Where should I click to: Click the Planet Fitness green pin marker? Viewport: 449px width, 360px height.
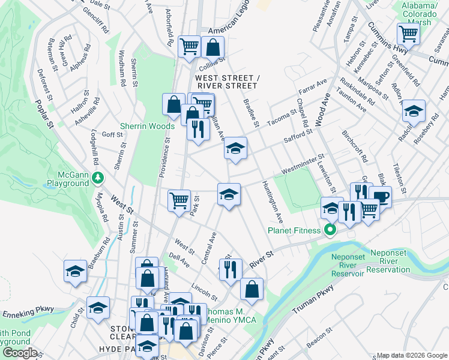tap(329, 230)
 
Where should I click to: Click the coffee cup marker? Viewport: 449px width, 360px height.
tap(379, 196)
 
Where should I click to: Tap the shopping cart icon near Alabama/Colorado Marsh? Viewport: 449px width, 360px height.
tap(408, 33)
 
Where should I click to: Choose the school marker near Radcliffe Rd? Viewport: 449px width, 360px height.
tap(413, 110)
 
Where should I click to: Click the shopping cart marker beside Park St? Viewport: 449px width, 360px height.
tap(179, 200)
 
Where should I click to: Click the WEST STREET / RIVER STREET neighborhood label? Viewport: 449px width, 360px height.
tap(226, 82)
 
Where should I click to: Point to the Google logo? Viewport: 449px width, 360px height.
tap(19, 353)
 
